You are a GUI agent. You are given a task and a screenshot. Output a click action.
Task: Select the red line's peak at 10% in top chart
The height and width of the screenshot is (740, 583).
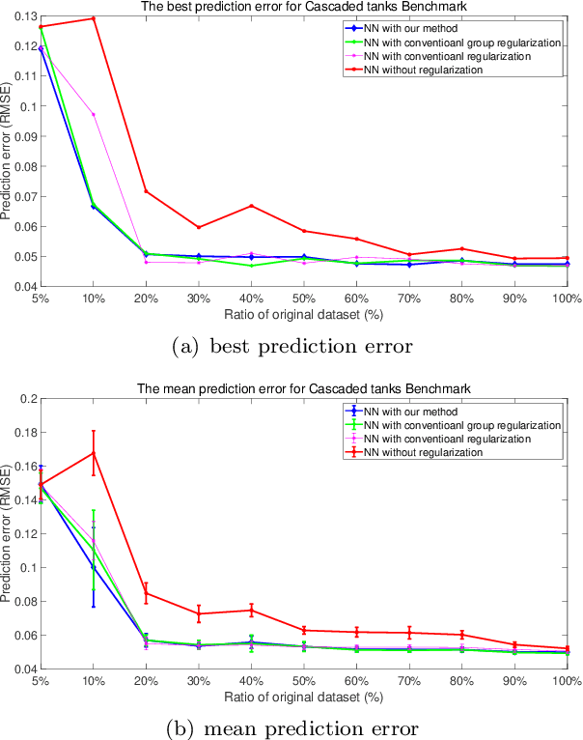93,18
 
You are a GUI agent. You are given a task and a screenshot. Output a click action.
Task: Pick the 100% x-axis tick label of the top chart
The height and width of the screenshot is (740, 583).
567,299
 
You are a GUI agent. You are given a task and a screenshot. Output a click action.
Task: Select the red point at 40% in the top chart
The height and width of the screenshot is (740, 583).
251,206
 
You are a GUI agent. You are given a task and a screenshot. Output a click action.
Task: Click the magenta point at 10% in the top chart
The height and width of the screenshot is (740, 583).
93,114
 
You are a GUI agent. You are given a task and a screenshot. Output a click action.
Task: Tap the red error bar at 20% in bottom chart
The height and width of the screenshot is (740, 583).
146,592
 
